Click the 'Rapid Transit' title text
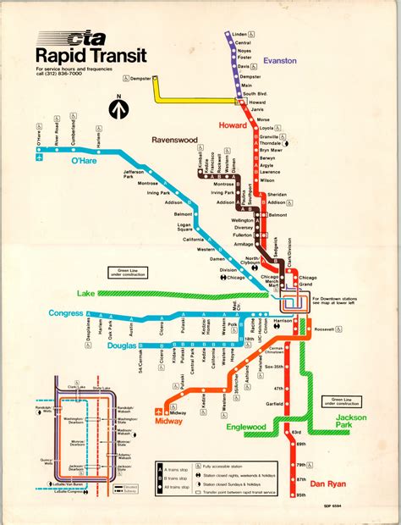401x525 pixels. tap(90, 56)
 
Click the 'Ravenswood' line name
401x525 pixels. tap(175, 139)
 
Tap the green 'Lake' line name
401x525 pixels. tap(86, 293)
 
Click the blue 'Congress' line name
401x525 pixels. tap(66, 312)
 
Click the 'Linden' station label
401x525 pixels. tap(241, 35)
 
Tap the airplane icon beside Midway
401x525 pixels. tap(158, 412)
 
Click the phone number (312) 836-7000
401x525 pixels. tap(63, 74)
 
